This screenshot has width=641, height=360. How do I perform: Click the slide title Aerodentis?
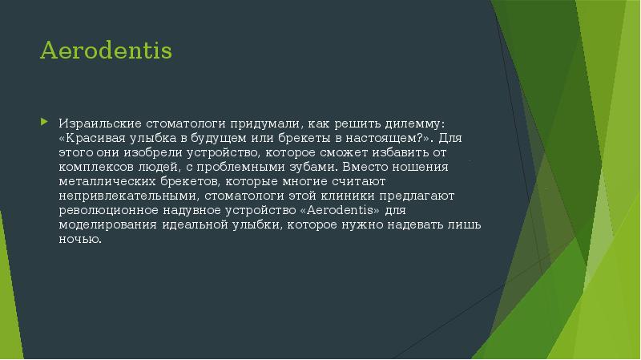[106, 51]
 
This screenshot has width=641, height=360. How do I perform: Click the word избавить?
[413, 152]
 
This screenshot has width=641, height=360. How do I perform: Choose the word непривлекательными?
[127, 196]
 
